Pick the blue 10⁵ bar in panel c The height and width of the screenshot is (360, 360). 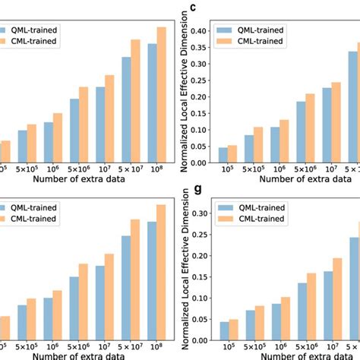click(223, 154)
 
